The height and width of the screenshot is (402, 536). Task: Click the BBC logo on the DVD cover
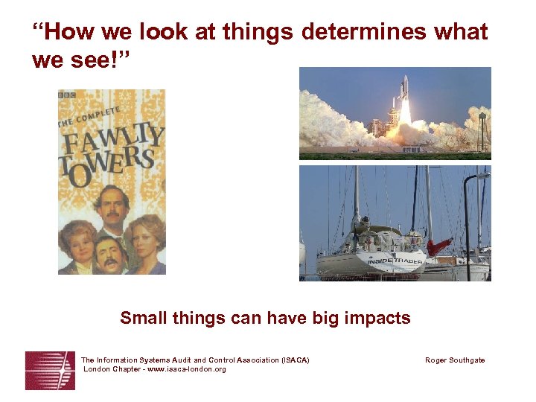point(67,95)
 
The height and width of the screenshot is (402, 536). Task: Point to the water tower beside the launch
point(483,119)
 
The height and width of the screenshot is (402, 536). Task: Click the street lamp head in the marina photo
point(482,176)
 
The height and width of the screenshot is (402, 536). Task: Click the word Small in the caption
point(142,319)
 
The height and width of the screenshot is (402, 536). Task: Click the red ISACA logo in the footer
point(50,370)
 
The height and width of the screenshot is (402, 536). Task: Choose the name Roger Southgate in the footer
point(455,360)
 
